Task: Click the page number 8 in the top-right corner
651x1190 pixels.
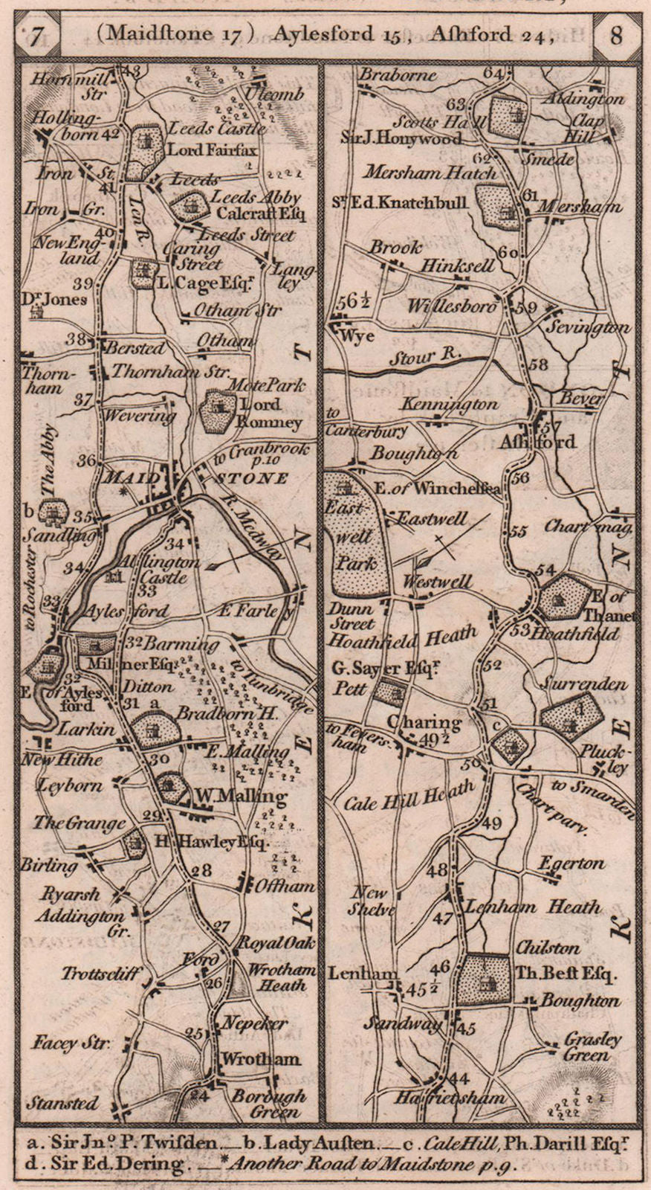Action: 616,36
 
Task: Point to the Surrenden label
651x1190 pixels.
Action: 585,683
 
